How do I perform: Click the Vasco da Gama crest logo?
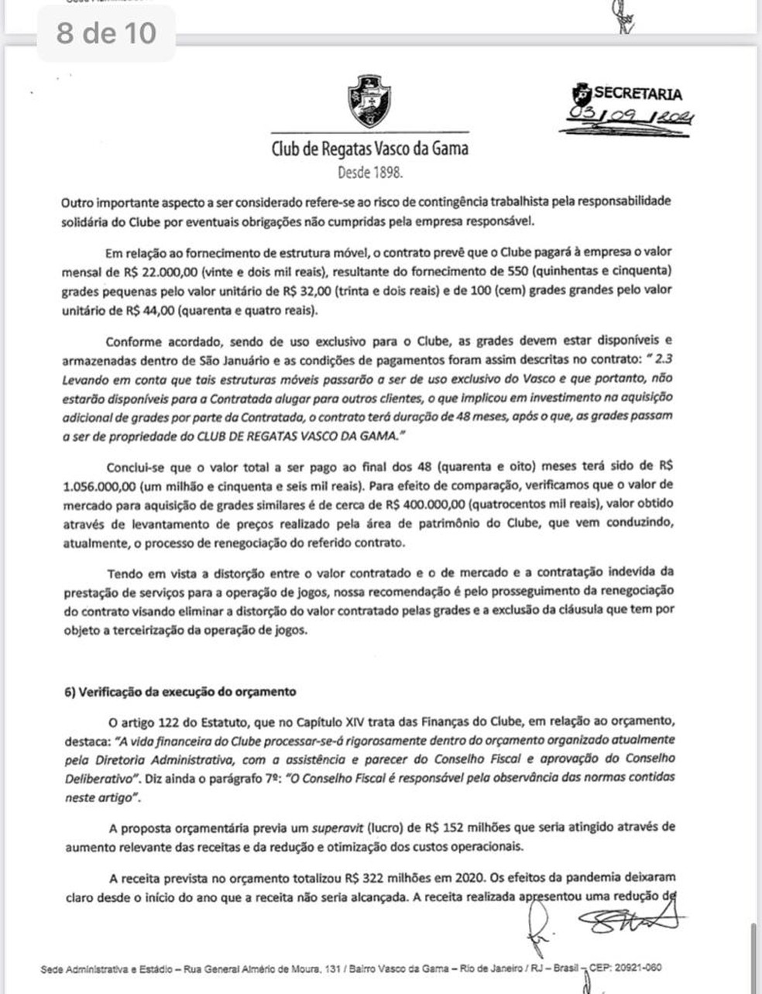tap(369, 101)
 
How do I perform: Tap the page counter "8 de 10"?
tap(106, 33)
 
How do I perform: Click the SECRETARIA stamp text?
tap(638, 94)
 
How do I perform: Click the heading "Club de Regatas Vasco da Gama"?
tap(369, 148)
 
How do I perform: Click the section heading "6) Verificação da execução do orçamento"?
tap(180, 691)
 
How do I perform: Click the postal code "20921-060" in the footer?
tap(637, 968)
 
